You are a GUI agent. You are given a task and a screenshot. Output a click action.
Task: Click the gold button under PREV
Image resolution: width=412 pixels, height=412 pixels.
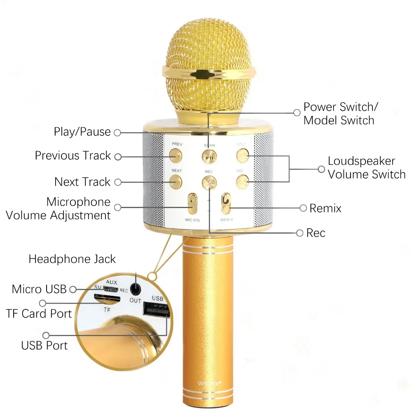pos(176,155)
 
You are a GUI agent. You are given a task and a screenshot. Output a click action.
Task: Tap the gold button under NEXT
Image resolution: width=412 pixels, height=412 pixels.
pos(176,180)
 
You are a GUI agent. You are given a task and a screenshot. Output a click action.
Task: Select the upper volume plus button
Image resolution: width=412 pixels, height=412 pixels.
pos(243,156)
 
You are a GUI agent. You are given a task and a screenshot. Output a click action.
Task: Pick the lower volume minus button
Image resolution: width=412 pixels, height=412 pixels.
pos(243,180)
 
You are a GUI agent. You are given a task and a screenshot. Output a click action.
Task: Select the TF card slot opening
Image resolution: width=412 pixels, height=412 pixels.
pos(107,298)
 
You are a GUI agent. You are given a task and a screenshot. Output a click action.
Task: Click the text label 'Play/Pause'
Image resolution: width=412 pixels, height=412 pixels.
pos(82,132)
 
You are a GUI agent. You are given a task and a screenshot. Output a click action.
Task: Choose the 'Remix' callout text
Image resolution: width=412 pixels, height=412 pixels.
pos(325,208)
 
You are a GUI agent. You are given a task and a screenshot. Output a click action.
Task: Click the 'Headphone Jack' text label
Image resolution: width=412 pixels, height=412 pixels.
pos(72,259)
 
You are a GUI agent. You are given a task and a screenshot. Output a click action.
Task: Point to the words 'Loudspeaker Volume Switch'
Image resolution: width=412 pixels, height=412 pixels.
pos(366,168)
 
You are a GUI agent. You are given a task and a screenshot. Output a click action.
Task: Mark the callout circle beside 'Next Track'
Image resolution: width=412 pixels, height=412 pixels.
pos(117,182)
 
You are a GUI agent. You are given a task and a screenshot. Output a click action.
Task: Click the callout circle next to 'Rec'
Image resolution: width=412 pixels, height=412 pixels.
pos(300,233)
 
